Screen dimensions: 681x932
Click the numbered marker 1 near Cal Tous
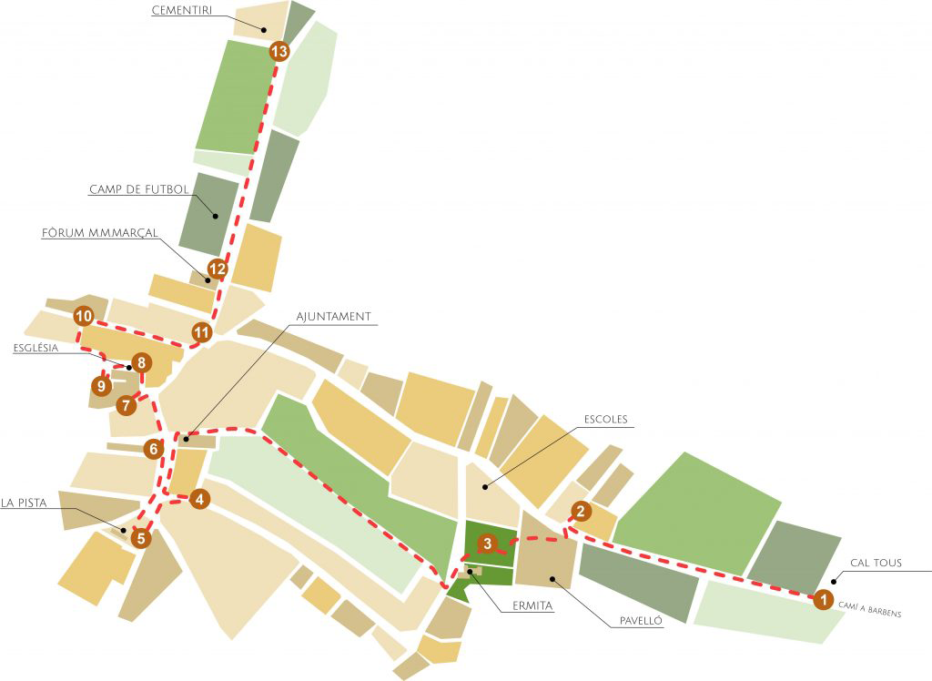[822, 600]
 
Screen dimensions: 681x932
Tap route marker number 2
[581, 511]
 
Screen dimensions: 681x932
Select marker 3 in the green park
[488, 544]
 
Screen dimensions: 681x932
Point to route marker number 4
[200, 498]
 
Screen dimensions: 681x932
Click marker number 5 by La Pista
[140, 538]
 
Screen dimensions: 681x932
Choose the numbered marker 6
[154, 448]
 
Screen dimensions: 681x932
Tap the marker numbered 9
[101, 386]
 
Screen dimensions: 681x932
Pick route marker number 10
[84, 317]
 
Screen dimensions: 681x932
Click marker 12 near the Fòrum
[217, 269]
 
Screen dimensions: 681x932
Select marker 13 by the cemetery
[279, 52]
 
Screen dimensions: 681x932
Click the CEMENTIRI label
[183, 13]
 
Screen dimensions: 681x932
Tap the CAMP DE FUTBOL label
[138, 190]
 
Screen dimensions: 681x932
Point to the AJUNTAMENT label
[334, 317]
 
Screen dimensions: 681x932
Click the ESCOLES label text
[606, 420]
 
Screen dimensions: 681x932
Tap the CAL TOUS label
[875, 563]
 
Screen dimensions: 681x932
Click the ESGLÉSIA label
[36, 348]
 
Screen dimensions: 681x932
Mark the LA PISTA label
[25, 502]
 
